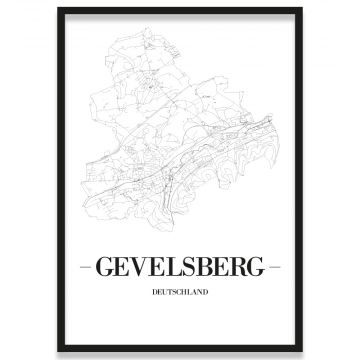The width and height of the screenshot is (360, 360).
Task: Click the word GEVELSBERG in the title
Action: coord(180,268)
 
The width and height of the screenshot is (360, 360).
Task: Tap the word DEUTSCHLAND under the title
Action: coord(180,293)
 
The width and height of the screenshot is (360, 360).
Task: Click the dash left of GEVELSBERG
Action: coord(85,268)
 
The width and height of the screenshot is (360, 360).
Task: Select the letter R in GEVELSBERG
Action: coord(238,268)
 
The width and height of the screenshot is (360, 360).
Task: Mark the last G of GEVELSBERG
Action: coord(257,268)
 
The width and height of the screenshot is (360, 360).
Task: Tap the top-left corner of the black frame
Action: coord(58,9)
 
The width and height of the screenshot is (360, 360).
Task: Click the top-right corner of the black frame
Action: coord(302,9)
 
